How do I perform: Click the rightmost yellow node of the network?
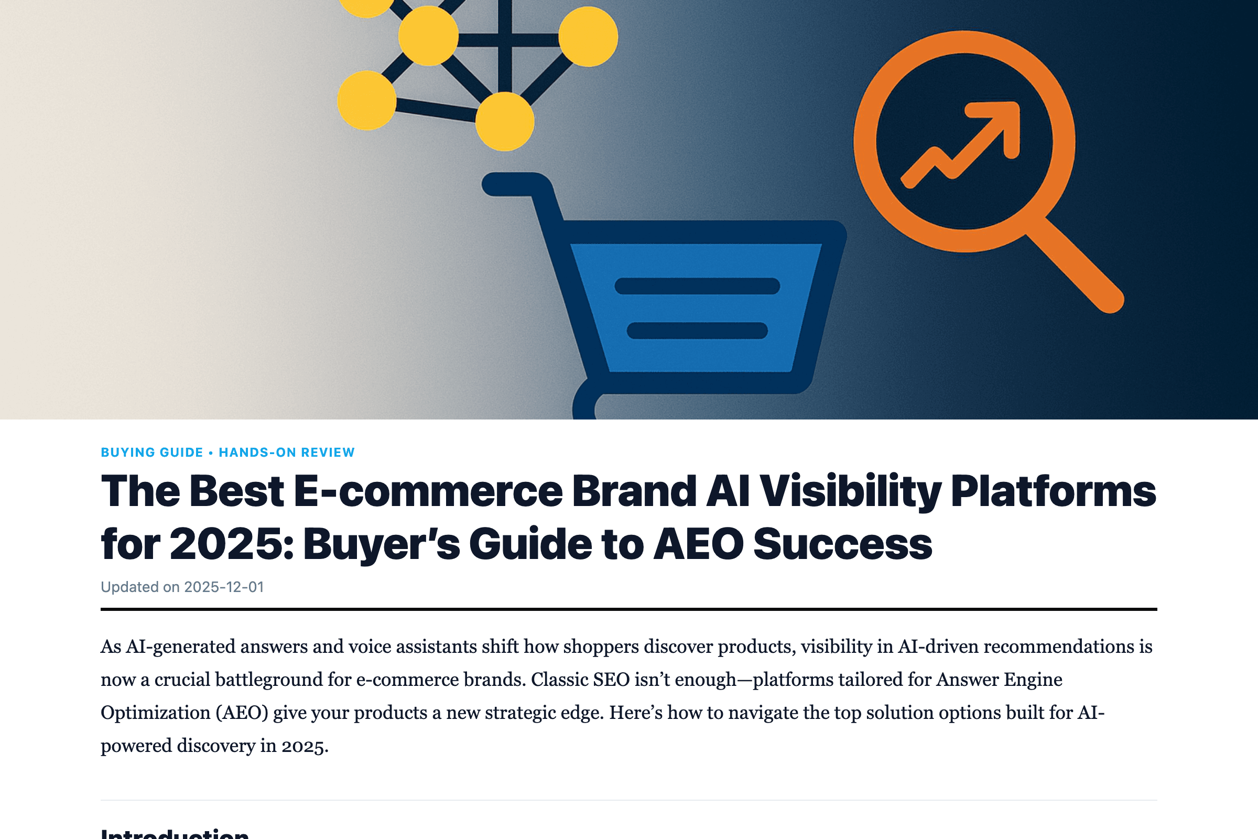tap(588, 36)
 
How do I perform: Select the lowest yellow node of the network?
tap(504, 122)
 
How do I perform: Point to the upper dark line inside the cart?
tap(697, 286)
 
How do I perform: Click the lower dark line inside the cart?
tap(697, 330)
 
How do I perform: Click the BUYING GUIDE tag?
tap(152, 453)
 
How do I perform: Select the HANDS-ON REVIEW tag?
tap(287, 453)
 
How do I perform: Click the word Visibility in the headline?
tap(850, 491)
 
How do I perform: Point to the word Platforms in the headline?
tap(1053, 491)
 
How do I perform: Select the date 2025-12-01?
tap(224, 587)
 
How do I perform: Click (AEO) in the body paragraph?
tap(242, 713)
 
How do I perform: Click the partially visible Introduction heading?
tap(175, 833)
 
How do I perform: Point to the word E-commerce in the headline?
tap(428, 491)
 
